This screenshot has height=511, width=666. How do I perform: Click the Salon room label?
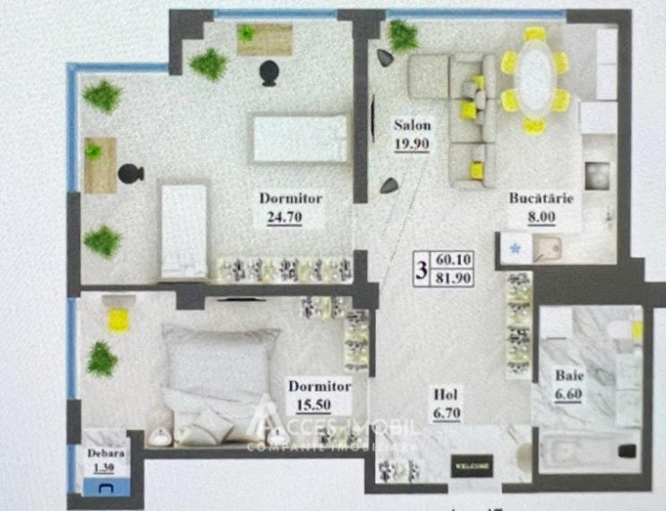(x=412, y=126)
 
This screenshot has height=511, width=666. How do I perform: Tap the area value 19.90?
(x=412, y=143)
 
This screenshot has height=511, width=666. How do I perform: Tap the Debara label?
(x=106, y=454)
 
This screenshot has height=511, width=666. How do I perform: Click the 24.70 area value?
(x=284, y=216)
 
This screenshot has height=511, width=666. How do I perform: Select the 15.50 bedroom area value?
(x=306, y=403)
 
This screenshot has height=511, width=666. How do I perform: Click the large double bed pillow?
(x=215, y=359)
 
